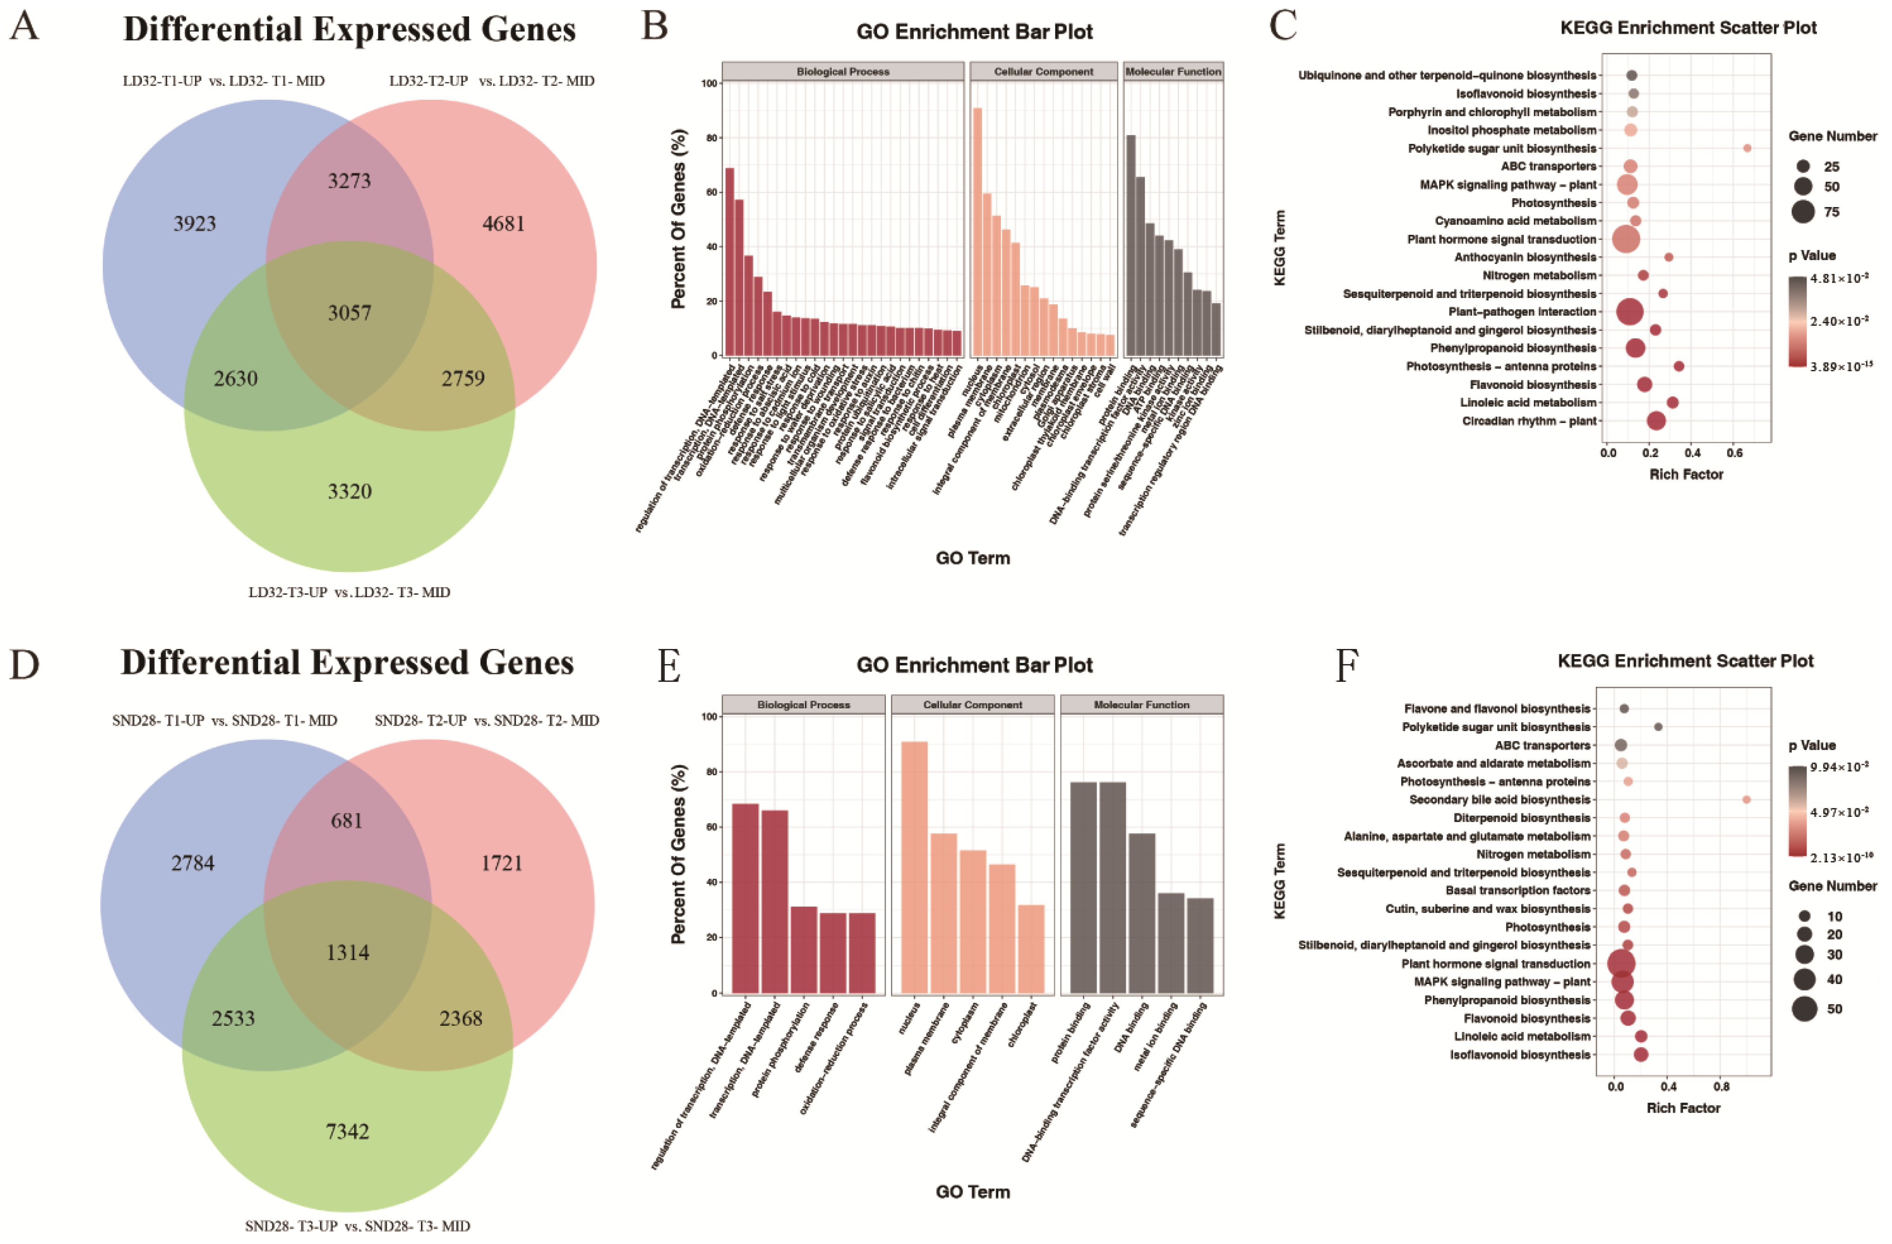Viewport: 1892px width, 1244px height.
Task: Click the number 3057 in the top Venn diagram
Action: pyautogui.click(x=349, y=312)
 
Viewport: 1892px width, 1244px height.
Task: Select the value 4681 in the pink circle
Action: pyautogui.click(x=503, y=223)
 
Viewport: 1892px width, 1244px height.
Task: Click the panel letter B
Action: pyautogui.click(x=654, y=26)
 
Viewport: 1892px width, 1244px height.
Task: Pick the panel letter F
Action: pyautogui.click(x=1346, y=665)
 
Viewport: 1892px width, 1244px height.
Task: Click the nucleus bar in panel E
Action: pyautogui.click(x=914, y=867)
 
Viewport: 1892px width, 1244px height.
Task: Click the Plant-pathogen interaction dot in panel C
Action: pyautogui.click(x=1630, y=311)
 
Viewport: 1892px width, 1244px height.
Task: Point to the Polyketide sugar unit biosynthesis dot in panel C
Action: pyautogui.click(x=1747, y=148)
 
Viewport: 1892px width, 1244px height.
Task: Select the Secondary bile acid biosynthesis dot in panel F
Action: pyautogui.click(x=1746, y=800)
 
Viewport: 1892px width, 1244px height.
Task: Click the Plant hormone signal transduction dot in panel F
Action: pyautogui.click(x=1621, y=964)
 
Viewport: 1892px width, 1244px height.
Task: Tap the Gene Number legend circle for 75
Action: pyautogui.click(x=1803, y=212)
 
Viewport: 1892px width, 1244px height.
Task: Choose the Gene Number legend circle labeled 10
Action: pyautogui.click(x=1805, y=916)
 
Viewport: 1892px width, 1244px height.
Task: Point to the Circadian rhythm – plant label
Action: pyautogui.click(x=1529, y=421)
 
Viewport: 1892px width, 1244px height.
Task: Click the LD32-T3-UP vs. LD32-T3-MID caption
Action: pyautogui.click(x=349, y=592)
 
